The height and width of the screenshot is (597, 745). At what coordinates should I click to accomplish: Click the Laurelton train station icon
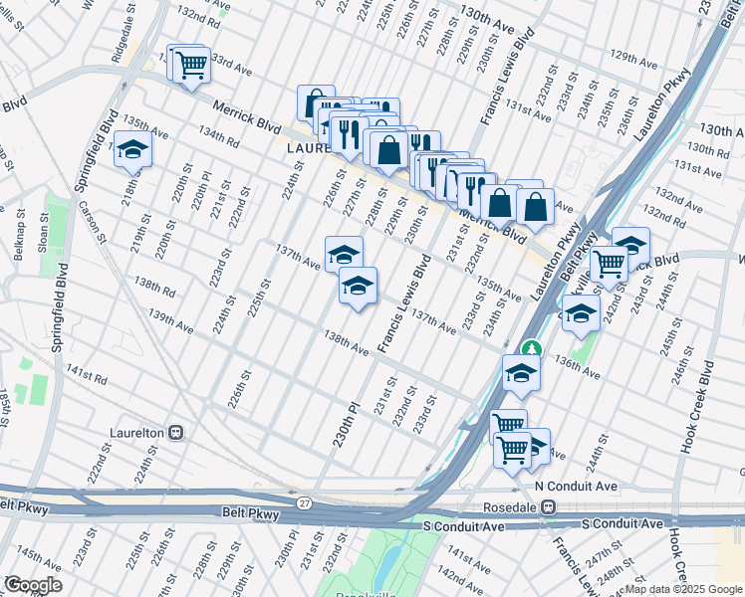pos(175,433)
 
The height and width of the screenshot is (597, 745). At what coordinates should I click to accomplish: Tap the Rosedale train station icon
pos(548,506)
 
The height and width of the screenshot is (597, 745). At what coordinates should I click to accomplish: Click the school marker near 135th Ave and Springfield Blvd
pos(131,150)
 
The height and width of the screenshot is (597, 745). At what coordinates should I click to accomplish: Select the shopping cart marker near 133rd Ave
pos(190,66)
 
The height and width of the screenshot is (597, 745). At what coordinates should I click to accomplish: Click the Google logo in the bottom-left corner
pos(33,584)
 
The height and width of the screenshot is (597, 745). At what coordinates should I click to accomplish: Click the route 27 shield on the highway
pos(302,503)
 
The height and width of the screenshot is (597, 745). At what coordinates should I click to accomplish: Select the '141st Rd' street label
pos(87,376)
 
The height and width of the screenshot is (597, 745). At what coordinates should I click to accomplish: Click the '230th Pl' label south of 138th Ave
pos(346,423)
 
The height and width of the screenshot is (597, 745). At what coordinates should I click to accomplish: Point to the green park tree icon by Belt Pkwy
pos(532,349)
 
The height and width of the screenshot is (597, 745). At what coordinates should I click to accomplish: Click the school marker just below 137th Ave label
pos(357,287)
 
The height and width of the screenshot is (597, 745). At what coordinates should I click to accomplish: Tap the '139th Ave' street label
pos(170,319)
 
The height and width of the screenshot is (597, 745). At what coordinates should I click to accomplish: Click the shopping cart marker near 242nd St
pos(608,265)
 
